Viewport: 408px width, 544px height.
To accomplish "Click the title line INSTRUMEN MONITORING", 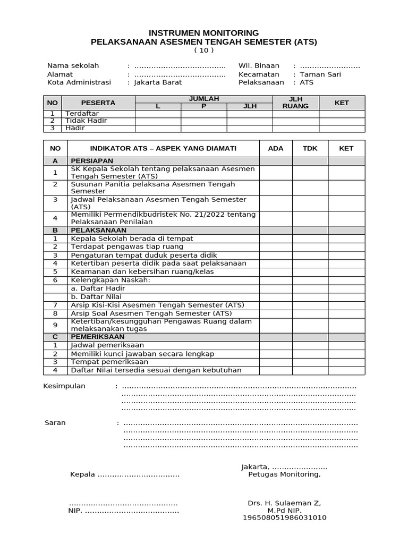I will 204,32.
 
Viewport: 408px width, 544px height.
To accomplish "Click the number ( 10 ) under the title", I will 204,50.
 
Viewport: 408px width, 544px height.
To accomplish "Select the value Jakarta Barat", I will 158,82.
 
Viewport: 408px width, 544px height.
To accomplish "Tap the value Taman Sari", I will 320,74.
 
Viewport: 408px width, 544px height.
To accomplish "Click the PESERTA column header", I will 98,103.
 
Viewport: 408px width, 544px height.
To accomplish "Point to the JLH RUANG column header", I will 295,103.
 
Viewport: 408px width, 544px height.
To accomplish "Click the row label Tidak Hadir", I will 86,121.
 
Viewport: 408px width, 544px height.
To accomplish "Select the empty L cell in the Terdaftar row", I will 158,114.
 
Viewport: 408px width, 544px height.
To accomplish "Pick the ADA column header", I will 276,148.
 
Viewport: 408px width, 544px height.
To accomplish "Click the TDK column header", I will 310,148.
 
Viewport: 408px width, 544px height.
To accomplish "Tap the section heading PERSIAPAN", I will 92,160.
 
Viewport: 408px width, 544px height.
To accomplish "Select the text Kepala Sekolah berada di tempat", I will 132,239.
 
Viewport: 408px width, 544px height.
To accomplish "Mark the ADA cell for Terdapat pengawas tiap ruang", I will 276,247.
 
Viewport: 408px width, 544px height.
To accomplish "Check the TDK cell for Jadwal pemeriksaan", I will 310,345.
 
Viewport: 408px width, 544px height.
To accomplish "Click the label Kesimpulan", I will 64,386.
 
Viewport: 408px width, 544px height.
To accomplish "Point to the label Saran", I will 55,423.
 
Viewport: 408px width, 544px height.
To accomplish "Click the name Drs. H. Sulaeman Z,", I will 284,503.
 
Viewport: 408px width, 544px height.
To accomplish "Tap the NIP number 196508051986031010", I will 284,517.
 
